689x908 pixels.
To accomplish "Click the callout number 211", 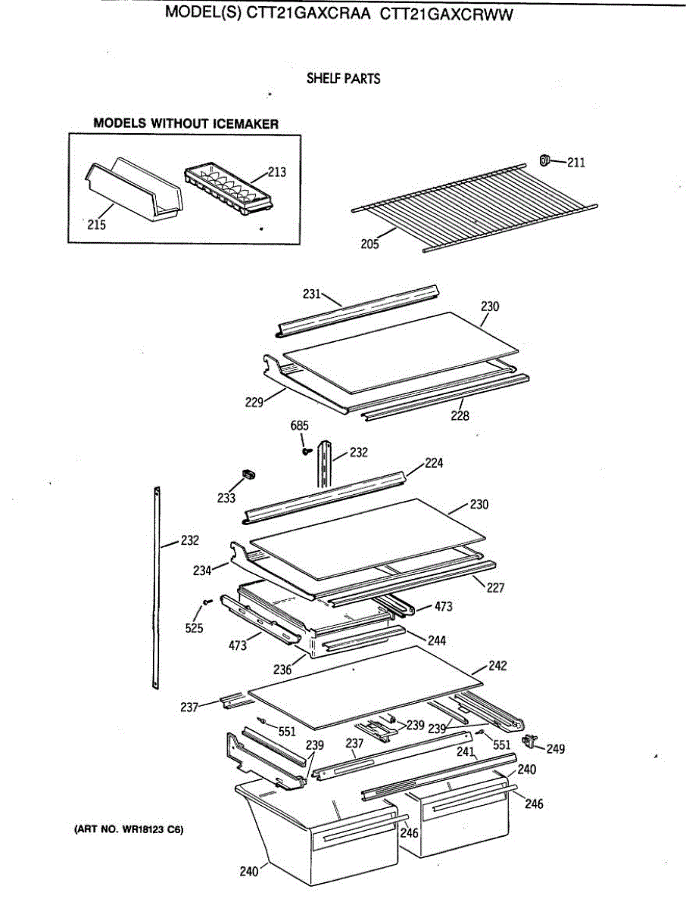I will coord(576,162).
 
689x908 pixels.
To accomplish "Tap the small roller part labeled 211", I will coord(544,160).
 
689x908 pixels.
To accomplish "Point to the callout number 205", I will coord(370,244).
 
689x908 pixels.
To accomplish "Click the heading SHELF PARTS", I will coord(343,78).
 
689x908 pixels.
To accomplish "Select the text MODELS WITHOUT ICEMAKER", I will coord(185,123).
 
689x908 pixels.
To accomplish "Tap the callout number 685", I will coord(301,426).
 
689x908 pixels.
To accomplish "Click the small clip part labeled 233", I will coord(248,474).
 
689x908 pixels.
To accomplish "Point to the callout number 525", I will coord(195,628).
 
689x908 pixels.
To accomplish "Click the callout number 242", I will coord(497,666).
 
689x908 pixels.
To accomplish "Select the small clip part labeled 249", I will coord(530,740).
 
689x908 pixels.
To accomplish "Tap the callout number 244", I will coord(436,640).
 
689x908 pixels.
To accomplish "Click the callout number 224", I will coord(434,463).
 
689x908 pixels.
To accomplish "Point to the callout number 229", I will coord(254,402).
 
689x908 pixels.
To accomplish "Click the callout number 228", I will coord(460,415).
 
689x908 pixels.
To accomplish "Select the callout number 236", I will coord(282,669).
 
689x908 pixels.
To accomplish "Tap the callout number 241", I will coord(466,752).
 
